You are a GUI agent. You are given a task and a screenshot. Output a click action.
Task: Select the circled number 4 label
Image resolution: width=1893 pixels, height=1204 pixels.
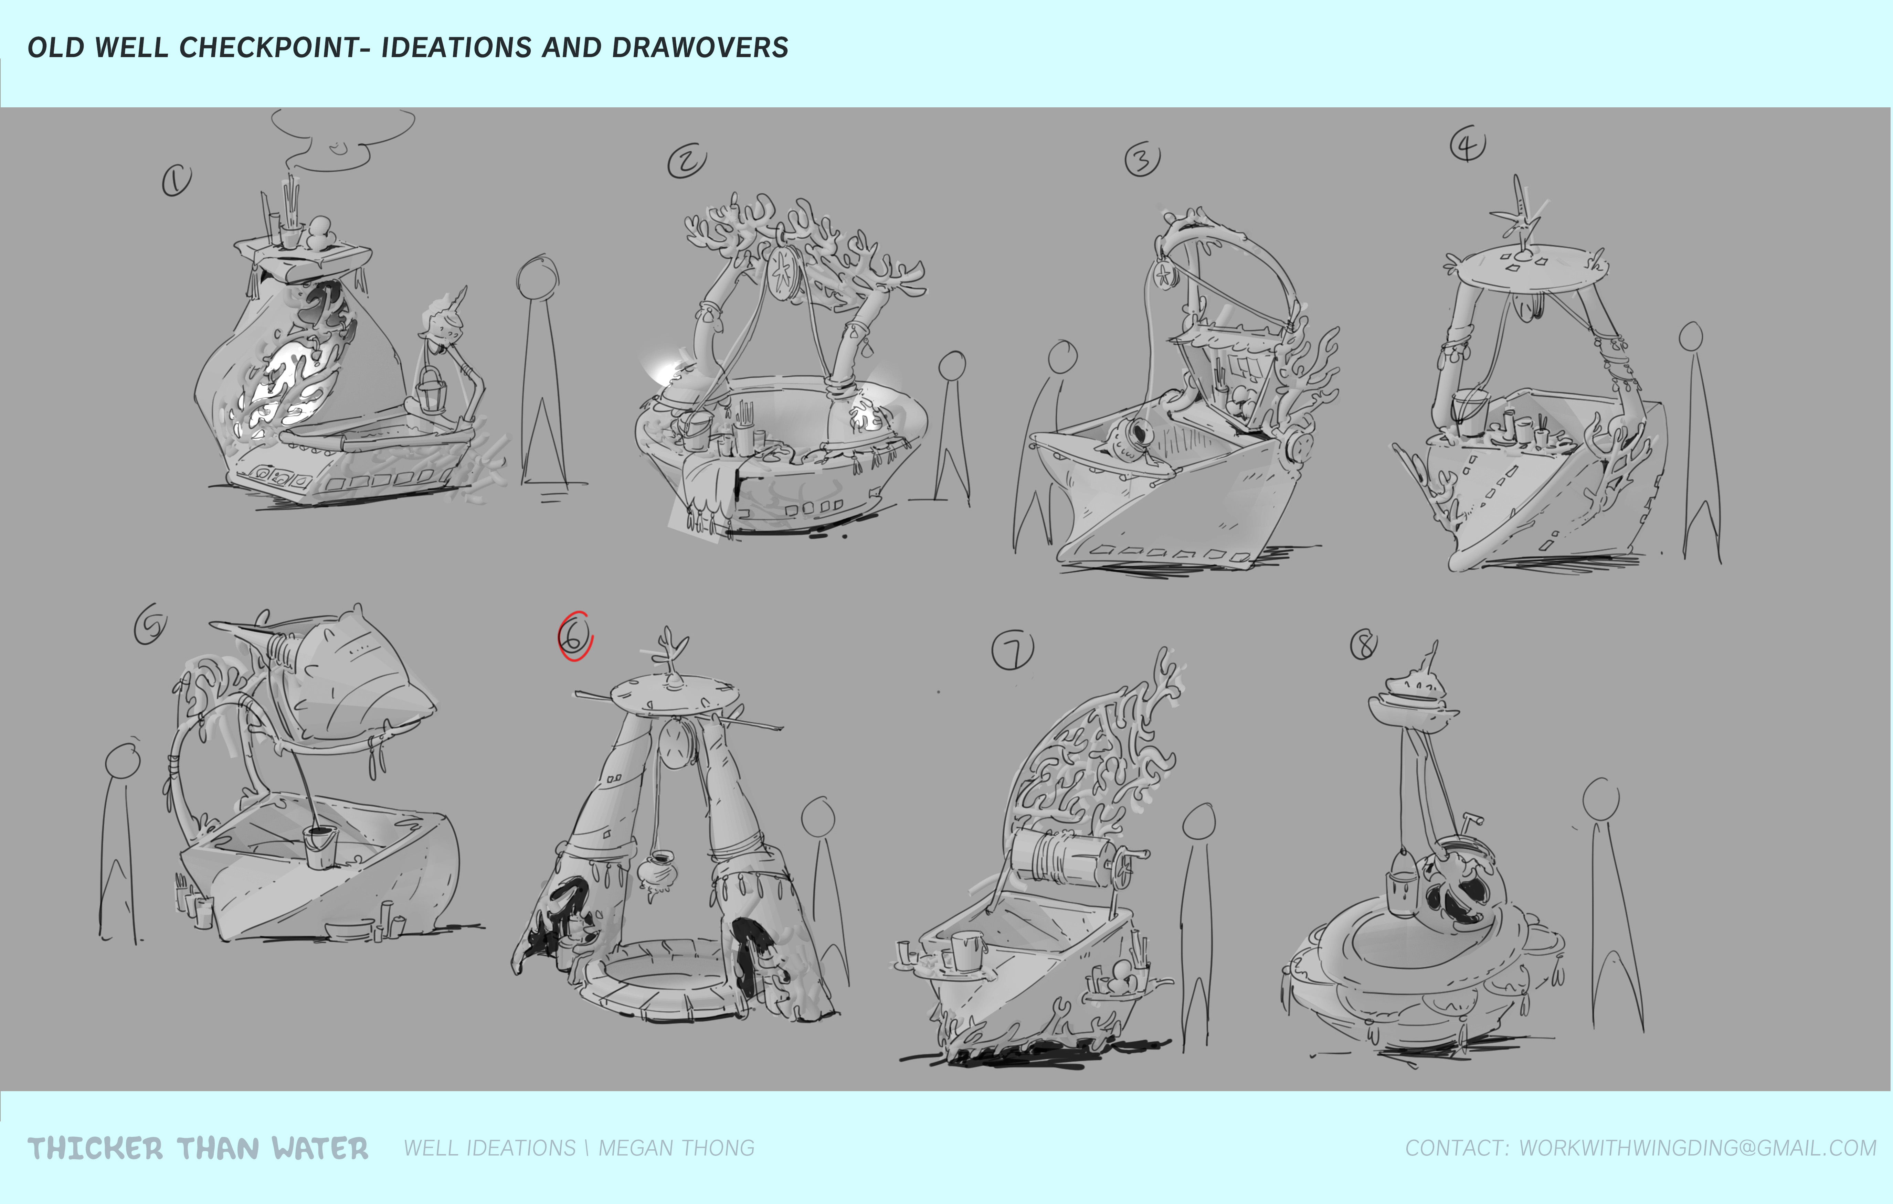(1468, 144)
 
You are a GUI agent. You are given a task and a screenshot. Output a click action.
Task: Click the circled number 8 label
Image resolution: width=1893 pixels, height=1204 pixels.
(1364, 644)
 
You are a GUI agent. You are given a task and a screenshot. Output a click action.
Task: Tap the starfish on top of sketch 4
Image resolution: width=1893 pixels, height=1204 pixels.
(1520, 214)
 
